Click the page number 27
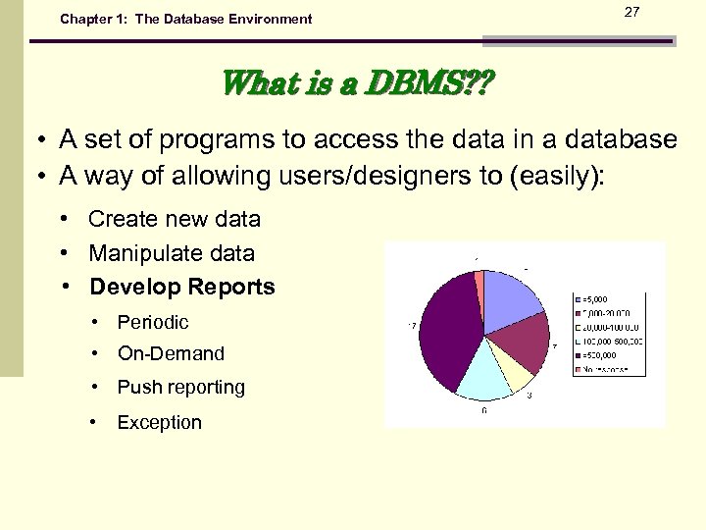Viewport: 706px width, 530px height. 631,11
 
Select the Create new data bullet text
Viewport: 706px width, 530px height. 175,219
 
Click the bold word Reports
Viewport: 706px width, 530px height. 233,288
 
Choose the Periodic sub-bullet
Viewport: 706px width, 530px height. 153,322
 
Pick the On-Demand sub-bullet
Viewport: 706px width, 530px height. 171,353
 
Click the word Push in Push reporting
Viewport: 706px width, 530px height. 136,388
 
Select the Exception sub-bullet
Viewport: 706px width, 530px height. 159,423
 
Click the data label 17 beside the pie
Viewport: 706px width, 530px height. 413,325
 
